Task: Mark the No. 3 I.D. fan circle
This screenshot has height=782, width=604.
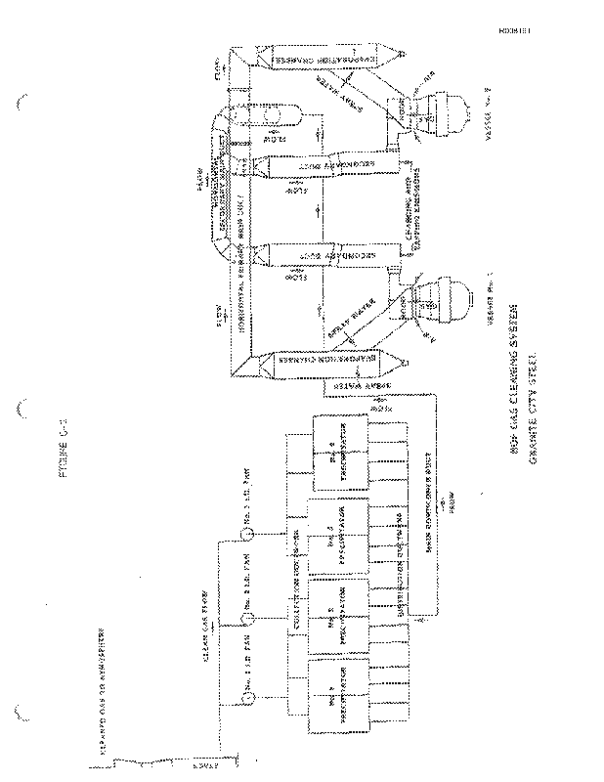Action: [x=249, y=534]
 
